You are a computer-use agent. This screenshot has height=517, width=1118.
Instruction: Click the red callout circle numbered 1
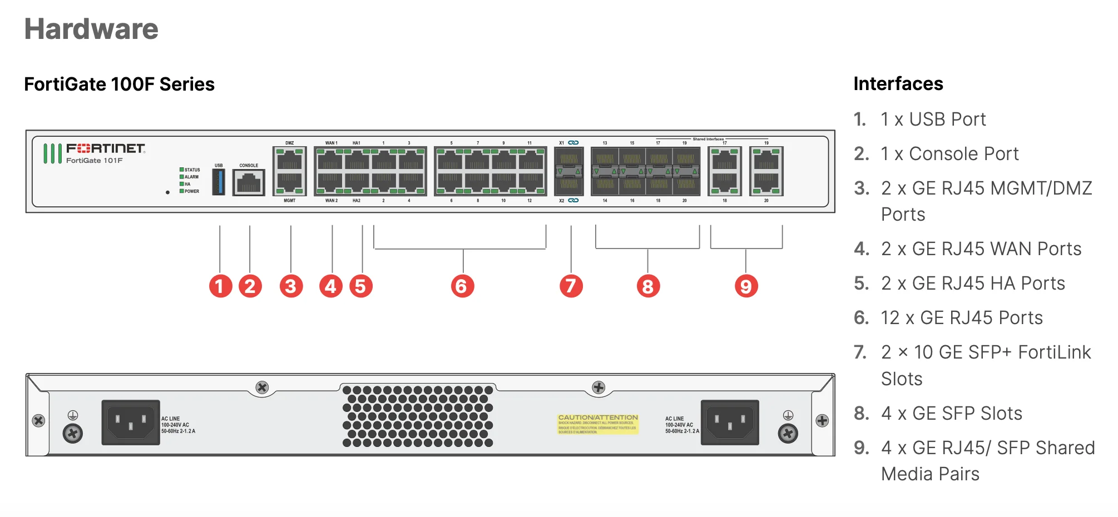click(220, 286)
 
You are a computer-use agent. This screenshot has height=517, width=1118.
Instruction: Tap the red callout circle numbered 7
click(571, 286)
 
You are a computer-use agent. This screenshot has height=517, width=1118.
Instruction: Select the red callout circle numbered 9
click(746, 286)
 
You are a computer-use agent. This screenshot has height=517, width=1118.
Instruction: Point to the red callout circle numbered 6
click(462, 286)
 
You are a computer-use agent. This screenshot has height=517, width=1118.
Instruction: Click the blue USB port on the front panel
click(219, 182)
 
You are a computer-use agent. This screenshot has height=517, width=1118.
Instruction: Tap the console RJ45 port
click(249, 182)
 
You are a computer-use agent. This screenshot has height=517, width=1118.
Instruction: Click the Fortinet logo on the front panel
click(105, 148)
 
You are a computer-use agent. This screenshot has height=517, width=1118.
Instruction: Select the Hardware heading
click(91, 29)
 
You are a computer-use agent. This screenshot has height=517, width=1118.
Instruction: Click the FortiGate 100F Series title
click(119, 84)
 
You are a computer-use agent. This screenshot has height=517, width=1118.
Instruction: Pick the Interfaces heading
click(898, 84)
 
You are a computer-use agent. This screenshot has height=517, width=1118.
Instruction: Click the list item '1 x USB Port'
click(933, 120)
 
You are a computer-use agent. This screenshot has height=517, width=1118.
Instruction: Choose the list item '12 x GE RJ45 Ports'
click(961, 318)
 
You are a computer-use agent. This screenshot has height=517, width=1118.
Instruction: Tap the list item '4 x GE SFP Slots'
click(951, 414)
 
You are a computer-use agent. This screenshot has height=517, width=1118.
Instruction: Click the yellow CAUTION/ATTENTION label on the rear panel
click(598, 424)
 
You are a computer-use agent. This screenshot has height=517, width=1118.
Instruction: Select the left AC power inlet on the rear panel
click(131, 422)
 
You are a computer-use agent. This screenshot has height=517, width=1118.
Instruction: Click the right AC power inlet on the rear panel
click(730, 422)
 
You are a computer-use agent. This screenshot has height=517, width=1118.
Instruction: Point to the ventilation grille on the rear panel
click(417, 416)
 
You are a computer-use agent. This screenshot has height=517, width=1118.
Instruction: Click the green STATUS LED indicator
click(182, 170)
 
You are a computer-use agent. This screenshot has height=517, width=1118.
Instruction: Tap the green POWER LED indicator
click(182, 191)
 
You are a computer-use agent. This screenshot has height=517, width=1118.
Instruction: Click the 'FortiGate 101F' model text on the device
click(95, 161)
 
